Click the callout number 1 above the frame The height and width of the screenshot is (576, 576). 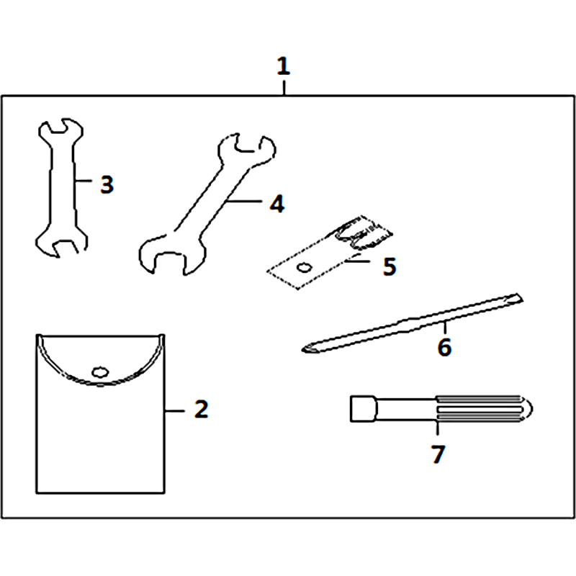[283, 66]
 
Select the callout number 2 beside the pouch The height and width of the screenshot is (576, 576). [202, 409]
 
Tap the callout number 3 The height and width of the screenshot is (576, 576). [107, 184]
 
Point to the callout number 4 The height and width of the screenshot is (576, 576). [277, 204]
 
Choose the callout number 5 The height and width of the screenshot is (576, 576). [390, 266]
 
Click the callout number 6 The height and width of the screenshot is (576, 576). [444, 347]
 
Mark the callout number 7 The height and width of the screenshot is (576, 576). [438, 454]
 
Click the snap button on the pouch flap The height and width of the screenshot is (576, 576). [100, 372]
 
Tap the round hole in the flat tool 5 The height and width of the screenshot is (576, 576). [305, 268]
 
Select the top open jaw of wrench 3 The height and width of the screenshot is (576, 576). [61, 130]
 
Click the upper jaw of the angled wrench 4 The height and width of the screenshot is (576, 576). [247, 148]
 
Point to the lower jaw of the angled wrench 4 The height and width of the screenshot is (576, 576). [170, 256]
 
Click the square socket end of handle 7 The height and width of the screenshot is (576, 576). [363, 408]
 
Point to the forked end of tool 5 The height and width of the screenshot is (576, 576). [364, 232]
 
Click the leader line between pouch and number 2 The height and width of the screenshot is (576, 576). [175, 410]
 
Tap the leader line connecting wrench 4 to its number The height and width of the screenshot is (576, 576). [244, 201]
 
